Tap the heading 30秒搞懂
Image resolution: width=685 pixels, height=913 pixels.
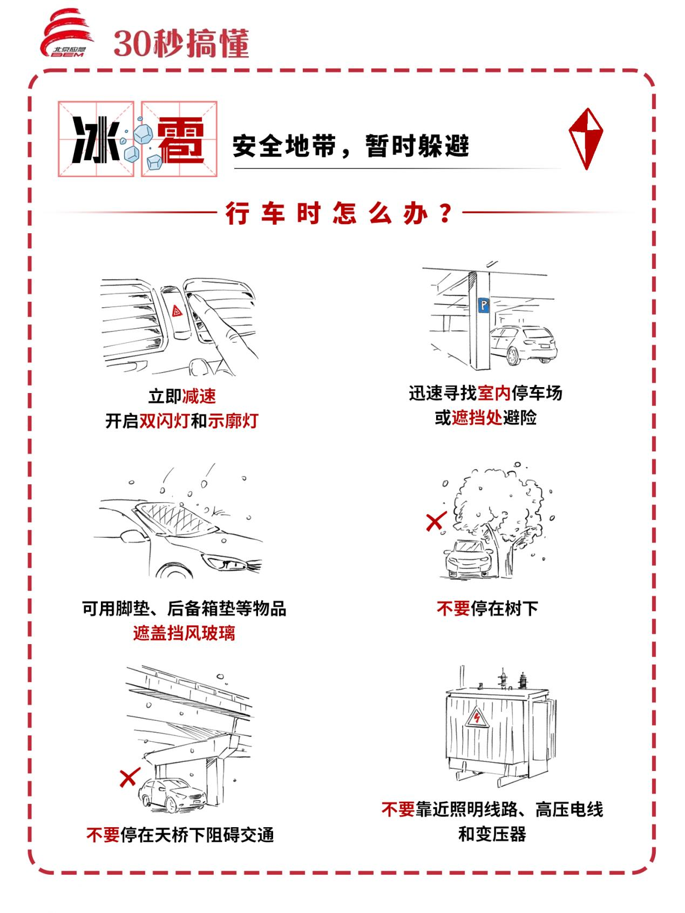click(181, 43)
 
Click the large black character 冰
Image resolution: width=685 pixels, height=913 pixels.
click(96, 139)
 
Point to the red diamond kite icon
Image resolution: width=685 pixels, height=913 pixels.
click(586, 138)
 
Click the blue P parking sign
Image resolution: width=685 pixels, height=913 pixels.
click(484, 307)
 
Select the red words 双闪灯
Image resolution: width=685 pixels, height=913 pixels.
click(165, 421)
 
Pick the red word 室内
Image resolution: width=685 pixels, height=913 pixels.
click(494, 393)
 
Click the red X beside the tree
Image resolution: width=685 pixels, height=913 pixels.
click(435, 521)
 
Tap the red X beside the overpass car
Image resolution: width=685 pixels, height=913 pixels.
click(129, 777)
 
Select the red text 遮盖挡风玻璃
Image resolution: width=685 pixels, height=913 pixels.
click(184, 633)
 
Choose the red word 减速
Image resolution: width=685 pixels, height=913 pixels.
click(199, 396)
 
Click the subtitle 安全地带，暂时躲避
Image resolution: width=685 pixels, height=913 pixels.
click(351, 146)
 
